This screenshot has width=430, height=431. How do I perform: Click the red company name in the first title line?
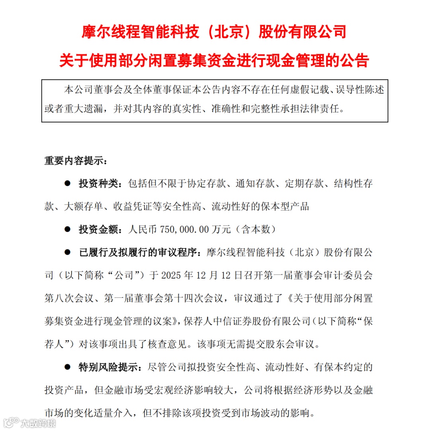point(214,31)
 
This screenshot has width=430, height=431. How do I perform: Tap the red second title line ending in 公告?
point(214,61)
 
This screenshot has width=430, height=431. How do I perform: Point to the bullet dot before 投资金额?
point(67,230)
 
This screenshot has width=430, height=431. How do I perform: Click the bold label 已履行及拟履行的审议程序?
point(138,252)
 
